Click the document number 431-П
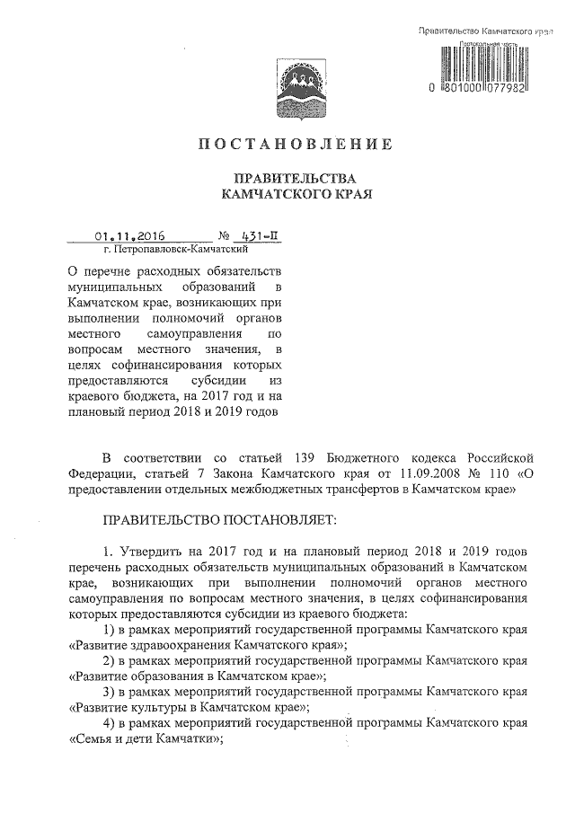261,237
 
